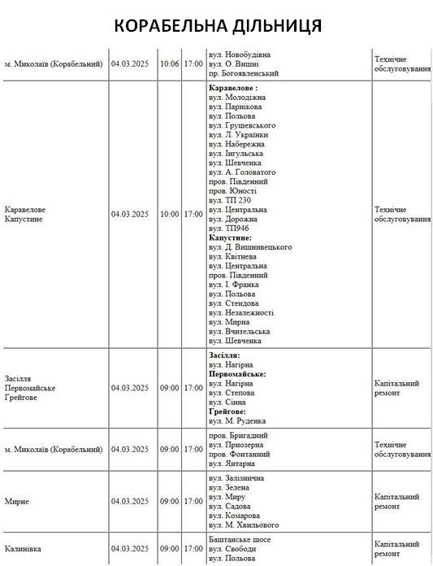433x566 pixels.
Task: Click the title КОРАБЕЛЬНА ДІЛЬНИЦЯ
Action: point(217,25)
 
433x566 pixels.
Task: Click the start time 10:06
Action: point(169,63)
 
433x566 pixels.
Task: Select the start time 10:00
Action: point(169,215)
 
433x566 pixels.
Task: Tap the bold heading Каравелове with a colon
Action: point(233,87)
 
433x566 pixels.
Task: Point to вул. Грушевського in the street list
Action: point(242,125)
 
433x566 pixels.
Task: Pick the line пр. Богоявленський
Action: point(244,73)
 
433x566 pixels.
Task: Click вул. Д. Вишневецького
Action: point(250,246)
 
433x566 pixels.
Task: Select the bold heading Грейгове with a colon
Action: point(231,411)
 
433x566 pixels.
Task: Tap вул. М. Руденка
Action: point(236,421)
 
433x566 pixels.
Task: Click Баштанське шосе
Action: point(240,540)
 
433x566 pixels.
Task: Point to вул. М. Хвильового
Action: point(244,525)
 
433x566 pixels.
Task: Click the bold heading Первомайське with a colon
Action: point(237,374)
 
